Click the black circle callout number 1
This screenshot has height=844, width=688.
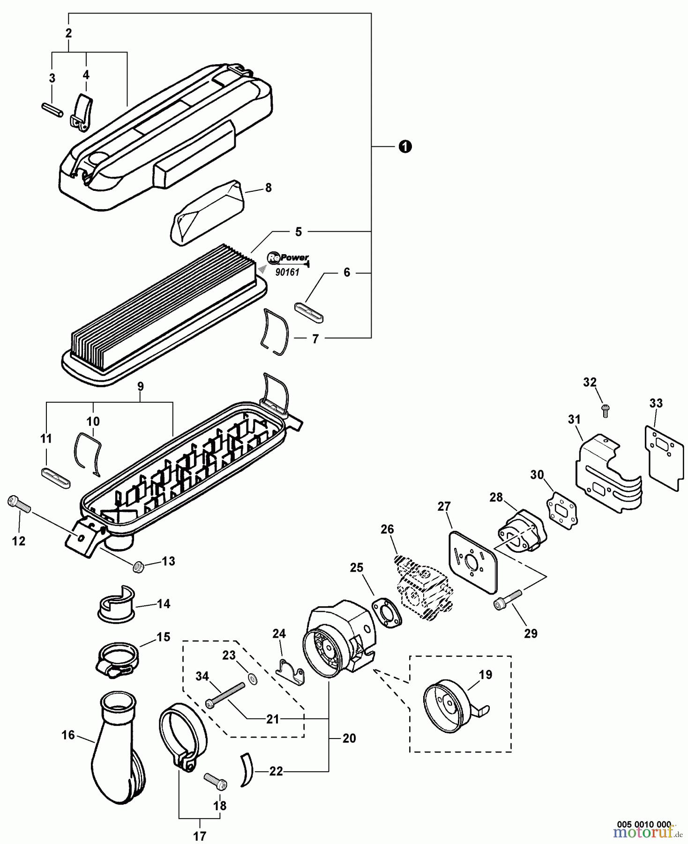(x=405, y=147)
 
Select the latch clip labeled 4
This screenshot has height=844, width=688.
(x=81, y=111)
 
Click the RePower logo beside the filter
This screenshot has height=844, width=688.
(x=288, y=257)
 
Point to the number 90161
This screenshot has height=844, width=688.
(x=287, y=272)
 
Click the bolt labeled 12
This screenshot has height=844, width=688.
(x=19, y=505)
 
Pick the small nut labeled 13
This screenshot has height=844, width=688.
(x=138, y=566)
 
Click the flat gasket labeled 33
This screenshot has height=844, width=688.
(x=662, y=457)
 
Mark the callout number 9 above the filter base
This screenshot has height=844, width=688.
(x=140, y=387)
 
